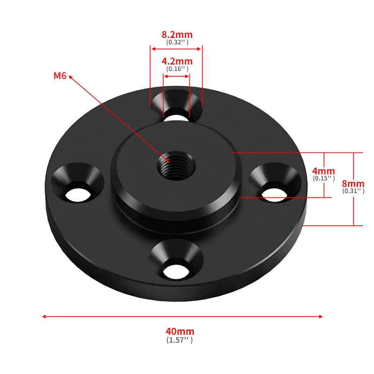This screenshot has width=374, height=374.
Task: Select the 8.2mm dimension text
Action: [177, 35]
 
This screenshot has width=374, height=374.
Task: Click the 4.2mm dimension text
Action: [177, 61]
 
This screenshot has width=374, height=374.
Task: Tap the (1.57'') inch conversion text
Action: [180, 340]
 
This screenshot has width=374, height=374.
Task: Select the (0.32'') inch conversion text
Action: [177, 42]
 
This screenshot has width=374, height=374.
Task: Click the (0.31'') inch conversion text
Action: [353, 191]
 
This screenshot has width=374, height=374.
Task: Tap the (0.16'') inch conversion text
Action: [177, 69]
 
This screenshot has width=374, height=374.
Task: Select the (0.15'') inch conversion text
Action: [324, 178]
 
